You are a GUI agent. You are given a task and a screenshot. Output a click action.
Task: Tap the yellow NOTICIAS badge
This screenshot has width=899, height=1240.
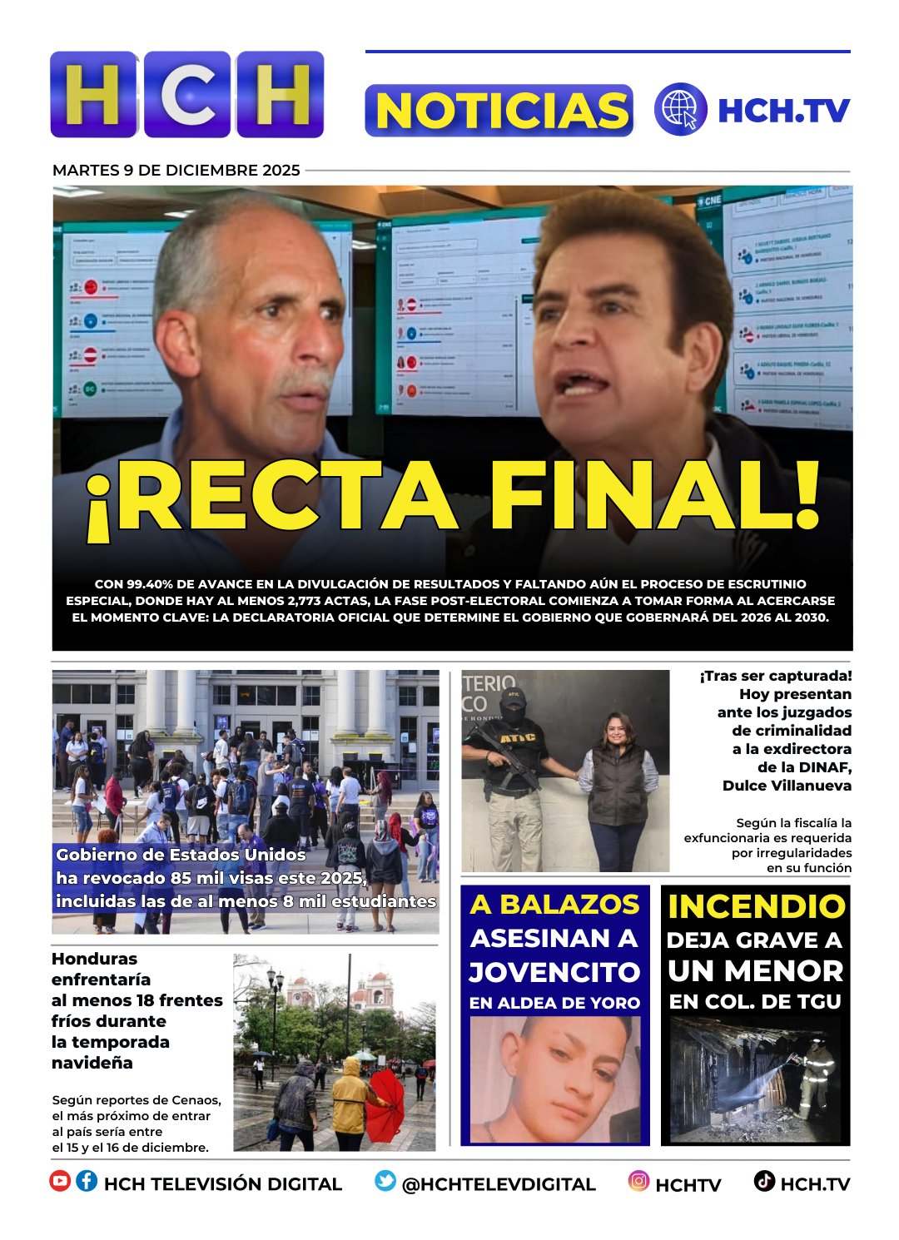coord(499,111)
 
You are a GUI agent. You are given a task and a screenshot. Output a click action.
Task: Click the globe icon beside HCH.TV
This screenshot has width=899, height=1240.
coord(680,109)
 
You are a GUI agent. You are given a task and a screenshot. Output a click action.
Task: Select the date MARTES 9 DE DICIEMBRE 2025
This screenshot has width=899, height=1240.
coord(176,171)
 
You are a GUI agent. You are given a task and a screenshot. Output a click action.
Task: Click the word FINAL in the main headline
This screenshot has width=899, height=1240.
coord(654,496)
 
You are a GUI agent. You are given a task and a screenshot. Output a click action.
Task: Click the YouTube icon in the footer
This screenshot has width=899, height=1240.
coord(60,1181)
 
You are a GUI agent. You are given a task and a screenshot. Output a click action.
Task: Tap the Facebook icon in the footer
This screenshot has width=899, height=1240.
coord(87,1181)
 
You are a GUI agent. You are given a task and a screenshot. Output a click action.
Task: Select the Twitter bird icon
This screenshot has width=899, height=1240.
coord(385,1181)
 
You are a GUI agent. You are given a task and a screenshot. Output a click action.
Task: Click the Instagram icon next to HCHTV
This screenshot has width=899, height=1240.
coord(638,1181)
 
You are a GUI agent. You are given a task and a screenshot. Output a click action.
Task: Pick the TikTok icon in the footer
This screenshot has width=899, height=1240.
coord(764,1181)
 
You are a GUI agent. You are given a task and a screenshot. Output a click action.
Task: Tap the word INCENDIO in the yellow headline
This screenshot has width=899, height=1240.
coord(756,906)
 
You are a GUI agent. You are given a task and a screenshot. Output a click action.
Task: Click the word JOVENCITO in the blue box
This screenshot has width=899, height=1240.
coord(554,972)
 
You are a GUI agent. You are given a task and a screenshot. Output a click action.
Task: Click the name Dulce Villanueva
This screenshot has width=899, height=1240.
coord(787,786)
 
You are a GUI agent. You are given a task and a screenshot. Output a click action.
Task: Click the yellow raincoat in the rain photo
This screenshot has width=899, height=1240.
coord(350,1097)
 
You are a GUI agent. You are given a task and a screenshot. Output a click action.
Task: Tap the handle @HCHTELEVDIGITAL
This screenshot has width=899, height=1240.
coord(498,1184)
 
